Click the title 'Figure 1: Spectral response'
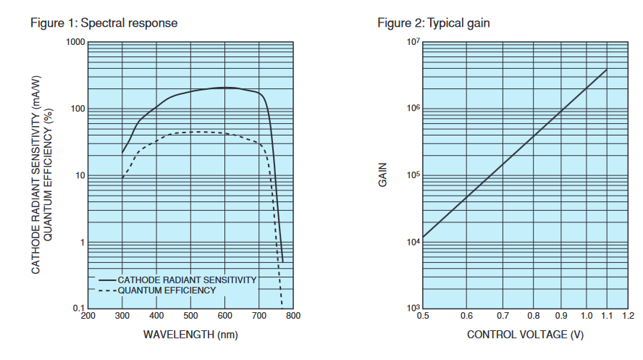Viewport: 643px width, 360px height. pyautogui.click(x=104, y=23)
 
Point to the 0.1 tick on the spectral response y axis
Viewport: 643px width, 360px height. pyautogui.click(x=77, y=309)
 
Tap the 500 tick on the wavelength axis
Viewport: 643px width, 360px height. pyautogui.click(x=190, y=317)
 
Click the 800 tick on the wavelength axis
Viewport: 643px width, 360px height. pyautogui.click(x=293, y=317)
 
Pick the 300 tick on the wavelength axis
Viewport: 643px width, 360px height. pyautogui.click(x=122, y=317)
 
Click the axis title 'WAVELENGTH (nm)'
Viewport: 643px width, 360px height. pyautogui.click(x=190, y=335)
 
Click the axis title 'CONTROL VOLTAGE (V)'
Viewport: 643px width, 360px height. pyautogui.click(x=525, y=335)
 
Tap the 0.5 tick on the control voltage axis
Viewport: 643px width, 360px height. pyautogui.click(x=423, y=317)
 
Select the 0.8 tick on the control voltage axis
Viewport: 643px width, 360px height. pyautogui.click(x=534, y=317)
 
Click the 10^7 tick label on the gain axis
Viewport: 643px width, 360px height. pyautogui.click(x=413, y=42)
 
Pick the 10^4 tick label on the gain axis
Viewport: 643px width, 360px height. pyautogui.click(x=413, y=242)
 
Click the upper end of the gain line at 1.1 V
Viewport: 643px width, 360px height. pyautogui.click(x=607, y=69)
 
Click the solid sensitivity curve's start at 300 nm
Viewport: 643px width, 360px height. pyautogui.click(x=122, y=154)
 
